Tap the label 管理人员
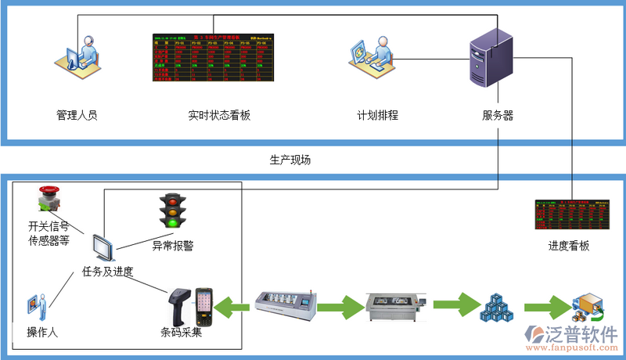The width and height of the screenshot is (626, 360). click(x=77, y=115)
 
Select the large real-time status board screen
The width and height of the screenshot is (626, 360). click(x=213, y=58)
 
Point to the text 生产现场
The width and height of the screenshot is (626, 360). click(x=290, y=160)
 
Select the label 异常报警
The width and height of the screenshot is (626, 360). click(x=172, y=246)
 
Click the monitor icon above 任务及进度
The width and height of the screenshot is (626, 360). click(x=104, y=247)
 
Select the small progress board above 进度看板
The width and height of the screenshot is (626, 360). click(x=571, y=215)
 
